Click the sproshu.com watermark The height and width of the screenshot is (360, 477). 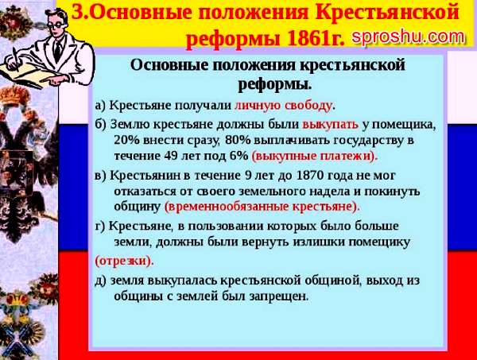[409, 37]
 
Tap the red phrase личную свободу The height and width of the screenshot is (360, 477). [283, 106]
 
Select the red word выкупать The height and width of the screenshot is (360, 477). [331, 124]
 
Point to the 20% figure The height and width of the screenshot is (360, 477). [126, 140]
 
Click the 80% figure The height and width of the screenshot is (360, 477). [238, 140]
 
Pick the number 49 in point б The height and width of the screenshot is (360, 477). [170, 156]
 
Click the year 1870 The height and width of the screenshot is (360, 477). [308, 176]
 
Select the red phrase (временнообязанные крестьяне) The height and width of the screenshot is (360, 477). [262, 207]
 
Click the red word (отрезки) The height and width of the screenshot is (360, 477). [123, 261]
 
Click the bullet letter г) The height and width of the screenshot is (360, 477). [100, 226]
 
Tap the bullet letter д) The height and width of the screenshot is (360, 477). [101, 281]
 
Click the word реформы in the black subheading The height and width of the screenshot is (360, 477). [275, 83]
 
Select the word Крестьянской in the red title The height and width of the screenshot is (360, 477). [387, 13]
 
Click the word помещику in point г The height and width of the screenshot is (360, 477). [379, 242]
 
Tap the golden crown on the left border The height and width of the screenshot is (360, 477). [14, 94]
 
